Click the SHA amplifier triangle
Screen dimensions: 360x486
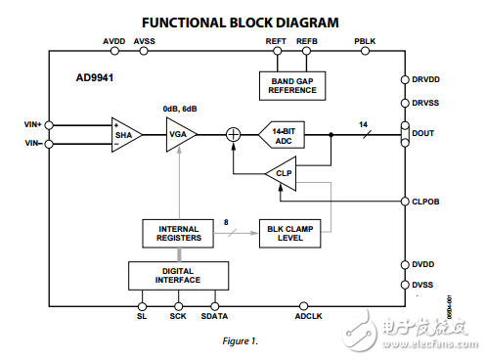(x=125, y=135)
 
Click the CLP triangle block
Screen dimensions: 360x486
(x=282, y=173)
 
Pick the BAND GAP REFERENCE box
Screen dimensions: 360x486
(x=292, y=86)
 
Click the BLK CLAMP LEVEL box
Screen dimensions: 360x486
(x=292, y=233)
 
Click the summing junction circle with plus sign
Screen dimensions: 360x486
(x=234, y=135)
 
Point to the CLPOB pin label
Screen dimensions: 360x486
(x=427, y=202)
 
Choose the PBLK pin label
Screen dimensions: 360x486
(x=365, y=41)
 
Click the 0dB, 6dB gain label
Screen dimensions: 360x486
(x=181, y=109)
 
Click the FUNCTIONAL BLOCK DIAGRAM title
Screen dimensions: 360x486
(x=241, y=21)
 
